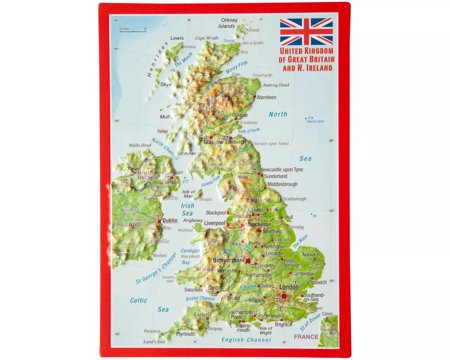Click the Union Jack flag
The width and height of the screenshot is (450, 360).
[306, 31]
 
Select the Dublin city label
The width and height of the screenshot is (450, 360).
[170, 220]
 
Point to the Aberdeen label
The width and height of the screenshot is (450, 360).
[266, 97]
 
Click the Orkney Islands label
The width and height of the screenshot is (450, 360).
[229, 23]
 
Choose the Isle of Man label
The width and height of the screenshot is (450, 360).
[189, 194]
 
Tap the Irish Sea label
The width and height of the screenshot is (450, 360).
[187, 209]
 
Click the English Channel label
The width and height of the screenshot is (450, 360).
[246, 340]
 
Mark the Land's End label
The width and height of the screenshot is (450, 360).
[154, 342]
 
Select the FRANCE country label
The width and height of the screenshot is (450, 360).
[306, 337]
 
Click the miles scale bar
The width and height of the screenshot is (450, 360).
[133, 31]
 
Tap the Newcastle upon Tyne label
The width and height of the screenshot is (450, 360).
[282, 170]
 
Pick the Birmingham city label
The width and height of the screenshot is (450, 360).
[228, 260]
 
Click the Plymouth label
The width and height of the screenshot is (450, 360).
[185, 334]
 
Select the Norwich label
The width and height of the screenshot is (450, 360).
[310, 255]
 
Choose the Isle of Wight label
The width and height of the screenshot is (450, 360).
[265, 330]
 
